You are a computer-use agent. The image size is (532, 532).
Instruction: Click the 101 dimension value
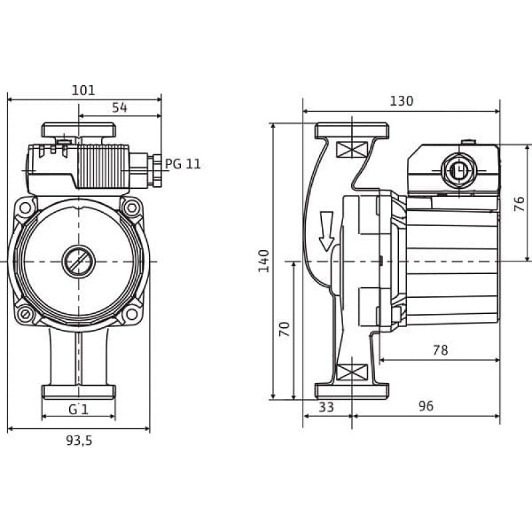click(84, 90)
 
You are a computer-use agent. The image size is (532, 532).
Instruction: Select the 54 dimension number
click(120, 108)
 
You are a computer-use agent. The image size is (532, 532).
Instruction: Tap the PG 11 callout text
click(182, 164)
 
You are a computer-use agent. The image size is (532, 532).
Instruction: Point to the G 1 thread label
click(78, 410)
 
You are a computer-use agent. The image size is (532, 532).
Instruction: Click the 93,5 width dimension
click(78, 440)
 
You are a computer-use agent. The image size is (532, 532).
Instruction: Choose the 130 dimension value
click(402, 101)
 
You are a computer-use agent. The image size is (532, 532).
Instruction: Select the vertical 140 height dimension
click(263, 261)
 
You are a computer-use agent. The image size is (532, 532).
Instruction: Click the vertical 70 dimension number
click(285, 329)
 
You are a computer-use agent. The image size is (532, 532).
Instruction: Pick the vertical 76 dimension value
click(519, 204)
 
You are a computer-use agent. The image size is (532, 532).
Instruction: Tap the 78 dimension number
click(440, 350)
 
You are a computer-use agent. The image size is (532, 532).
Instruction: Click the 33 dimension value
click(326, 407)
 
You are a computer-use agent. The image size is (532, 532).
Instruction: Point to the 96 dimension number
click(426, 406)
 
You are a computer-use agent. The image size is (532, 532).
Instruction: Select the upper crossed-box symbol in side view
click(352, 150)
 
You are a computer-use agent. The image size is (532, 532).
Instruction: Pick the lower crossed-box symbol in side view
click(352, 372)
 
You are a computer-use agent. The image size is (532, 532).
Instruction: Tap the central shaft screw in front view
click(78, 261)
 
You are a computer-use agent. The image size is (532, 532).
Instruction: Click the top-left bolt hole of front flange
click(25, 207)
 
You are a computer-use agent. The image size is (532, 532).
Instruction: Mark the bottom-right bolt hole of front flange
click(131, 314)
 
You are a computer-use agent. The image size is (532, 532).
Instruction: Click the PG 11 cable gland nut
click(157, 171)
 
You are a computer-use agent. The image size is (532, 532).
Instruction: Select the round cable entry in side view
click(459, 170)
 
